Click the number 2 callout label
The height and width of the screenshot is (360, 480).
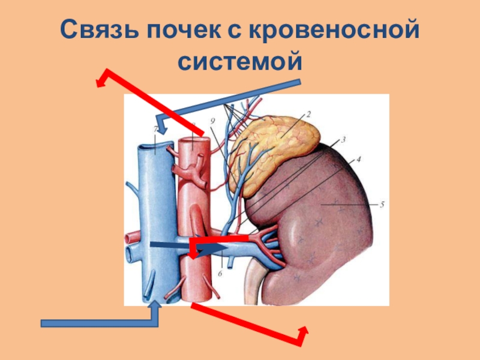pyautogui.click(x=308, y=113)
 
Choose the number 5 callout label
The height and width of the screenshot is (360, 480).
pyautogui.click(x=382, y=205)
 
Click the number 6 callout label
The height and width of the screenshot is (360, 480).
pyautogui.click(x=220, y=273)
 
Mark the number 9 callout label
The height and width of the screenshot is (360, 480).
pyautogui.click(x=212, y=121)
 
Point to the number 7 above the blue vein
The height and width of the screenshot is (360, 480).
pyautogui.click(x=155, y=129)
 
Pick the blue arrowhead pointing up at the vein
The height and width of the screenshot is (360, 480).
pyautogui.click(x=155, y=305)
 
